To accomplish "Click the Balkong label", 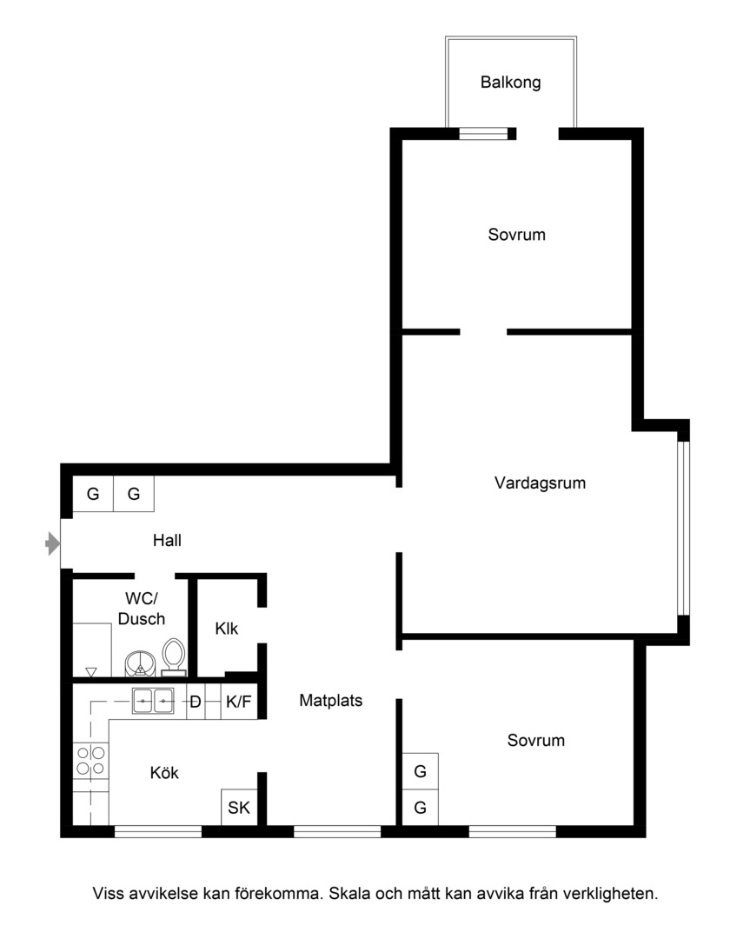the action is coord(511,83).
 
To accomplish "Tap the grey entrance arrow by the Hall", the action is coord(53,544).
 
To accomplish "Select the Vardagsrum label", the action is coord(540,483).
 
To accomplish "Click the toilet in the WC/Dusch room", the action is coord(174,657).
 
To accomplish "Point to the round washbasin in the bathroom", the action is coord(140,663).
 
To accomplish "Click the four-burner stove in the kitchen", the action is coord(91,761).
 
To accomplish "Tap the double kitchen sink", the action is coord(153,701).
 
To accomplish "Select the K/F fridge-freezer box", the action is coord(239,702).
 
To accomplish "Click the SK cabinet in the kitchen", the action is coord(239,807).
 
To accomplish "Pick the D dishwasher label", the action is coord(196,702).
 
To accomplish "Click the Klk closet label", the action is coord(226,629).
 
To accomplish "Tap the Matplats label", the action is coord(331,701).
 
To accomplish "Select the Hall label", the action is coord(167,541).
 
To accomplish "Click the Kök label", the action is coord(164,773).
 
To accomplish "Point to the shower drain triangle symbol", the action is coord(91,672).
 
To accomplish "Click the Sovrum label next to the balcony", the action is coord(516,235).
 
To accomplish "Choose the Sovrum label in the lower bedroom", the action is coord(535,741).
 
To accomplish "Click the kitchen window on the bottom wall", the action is coord(158,831).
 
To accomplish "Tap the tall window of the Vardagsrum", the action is coord(684,529).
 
